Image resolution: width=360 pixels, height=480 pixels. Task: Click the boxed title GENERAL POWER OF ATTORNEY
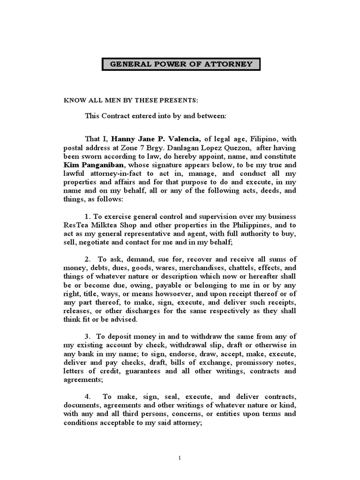(180, 64)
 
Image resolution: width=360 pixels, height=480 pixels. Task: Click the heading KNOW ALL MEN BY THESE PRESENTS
(124, 100)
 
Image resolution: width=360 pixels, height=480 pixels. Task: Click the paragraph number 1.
(87, 216)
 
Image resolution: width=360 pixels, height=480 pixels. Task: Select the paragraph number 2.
(87, 259)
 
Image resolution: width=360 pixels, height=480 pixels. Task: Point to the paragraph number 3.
(87, 337)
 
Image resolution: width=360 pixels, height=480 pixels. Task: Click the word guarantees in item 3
(142, 371)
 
